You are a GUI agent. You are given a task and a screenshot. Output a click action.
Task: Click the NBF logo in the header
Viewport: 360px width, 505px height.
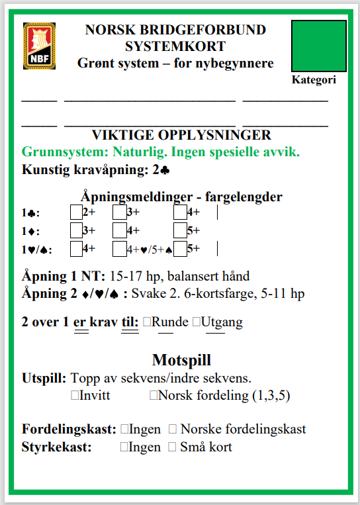[39, 46]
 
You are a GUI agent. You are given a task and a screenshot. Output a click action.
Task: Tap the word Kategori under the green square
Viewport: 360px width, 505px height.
[314, 80]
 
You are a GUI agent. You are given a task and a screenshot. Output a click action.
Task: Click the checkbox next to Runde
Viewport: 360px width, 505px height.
[147, 322]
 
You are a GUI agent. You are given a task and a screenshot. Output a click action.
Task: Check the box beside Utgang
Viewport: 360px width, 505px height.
[197, 322]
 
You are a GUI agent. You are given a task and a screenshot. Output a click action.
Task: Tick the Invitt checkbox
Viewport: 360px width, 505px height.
[74, 395]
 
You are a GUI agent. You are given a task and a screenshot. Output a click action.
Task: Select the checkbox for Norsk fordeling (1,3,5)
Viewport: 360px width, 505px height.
[154, 395]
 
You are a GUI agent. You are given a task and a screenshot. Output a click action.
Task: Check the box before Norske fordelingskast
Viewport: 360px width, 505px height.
[173, 429]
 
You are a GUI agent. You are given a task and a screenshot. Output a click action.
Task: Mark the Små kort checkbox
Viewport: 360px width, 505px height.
[173, 447]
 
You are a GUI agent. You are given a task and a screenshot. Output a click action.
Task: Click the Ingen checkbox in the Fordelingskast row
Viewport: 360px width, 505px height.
[124, 429]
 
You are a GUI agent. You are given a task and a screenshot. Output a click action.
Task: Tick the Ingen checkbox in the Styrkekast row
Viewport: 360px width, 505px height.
[124, 447]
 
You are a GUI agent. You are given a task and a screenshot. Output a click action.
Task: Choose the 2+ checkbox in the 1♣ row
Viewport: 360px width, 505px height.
[76, 212]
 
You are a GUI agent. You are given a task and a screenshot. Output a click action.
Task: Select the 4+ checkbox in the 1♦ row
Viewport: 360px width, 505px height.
[119, 230]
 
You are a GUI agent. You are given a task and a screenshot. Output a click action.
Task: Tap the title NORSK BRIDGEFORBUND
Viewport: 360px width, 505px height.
[175, 30]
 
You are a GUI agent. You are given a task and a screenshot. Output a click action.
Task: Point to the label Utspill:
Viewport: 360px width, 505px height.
[44, 379]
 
